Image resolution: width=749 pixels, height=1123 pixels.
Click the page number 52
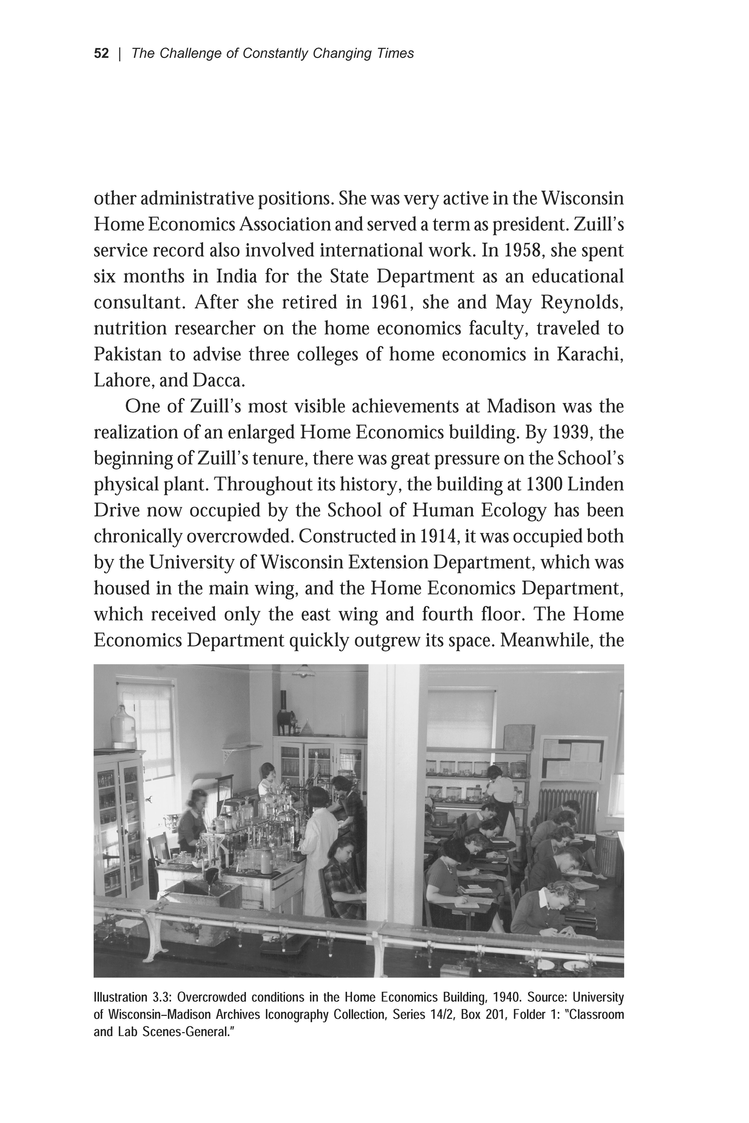[101, 53]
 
